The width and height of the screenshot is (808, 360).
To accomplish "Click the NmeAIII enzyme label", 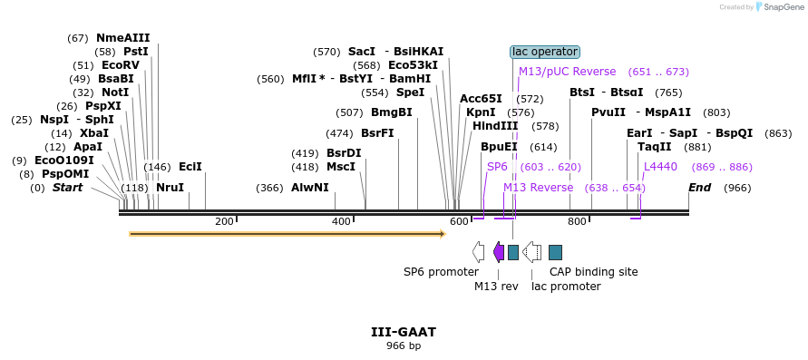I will [122, 38].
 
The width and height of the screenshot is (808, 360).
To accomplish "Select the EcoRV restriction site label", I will [121, 65].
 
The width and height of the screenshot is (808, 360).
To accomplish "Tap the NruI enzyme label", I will [170, 188].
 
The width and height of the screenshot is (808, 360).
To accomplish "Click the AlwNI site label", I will [310, 188].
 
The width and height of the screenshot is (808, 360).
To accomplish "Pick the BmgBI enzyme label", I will [392, 112].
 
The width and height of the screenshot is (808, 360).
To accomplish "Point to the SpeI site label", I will [411, 92].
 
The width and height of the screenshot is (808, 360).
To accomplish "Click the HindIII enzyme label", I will [495, 126].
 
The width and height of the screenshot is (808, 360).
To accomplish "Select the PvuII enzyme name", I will [608, 112].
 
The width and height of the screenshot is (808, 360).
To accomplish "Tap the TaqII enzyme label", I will [655, 147].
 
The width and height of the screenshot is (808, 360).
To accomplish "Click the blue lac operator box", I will [545, 52].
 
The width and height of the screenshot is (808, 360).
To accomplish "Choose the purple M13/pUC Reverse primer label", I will [567, 72].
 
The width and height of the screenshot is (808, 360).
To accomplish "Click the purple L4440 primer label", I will [660, 167].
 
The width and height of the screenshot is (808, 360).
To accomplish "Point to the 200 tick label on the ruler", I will [224, 222].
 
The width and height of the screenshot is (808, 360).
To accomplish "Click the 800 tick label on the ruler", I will [577, 222].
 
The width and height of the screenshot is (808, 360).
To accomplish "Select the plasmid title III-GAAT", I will [404, 332].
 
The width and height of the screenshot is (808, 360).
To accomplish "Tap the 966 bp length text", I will [404, 345].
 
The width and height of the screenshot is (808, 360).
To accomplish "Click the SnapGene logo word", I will [784, 7].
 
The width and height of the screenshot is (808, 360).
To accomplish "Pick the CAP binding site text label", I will [593, 271].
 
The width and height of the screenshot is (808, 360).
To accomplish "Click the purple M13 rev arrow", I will [499, 252].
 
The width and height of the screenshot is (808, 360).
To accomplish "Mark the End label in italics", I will [699, 188].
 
